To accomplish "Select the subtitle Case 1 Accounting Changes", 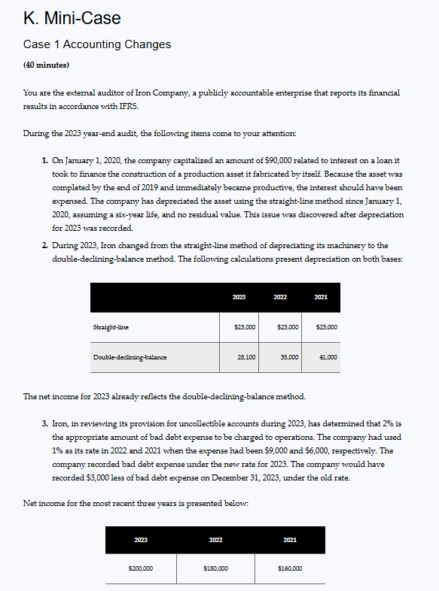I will (97, 44).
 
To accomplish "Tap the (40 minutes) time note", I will (47, 65).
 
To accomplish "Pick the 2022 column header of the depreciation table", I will (279, 298).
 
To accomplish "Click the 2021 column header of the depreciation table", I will (320, 298).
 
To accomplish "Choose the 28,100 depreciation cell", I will (246, 357).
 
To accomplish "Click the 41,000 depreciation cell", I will (327, 357).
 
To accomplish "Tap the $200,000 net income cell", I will (141, 568).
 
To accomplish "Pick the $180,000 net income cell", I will (215, 568).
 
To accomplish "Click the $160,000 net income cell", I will (289, 568).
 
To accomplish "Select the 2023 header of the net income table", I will (141, 539).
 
